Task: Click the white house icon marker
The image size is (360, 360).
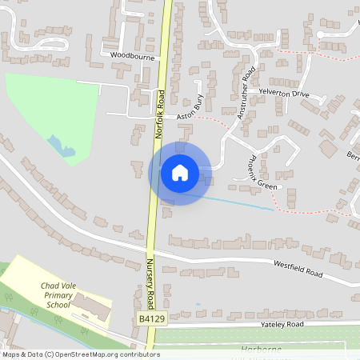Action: (x=179, y=172)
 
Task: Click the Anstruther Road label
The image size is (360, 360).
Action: (x=245, y=97)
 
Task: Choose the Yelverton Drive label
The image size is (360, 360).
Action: (x=283, y=94)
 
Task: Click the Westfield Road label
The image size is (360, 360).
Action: (x=297, y=268)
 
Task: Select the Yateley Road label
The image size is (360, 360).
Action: (x=283, y=325)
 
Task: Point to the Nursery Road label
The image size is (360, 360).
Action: (x=150, y=275)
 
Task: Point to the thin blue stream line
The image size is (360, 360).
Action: (x=240, y=202)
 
